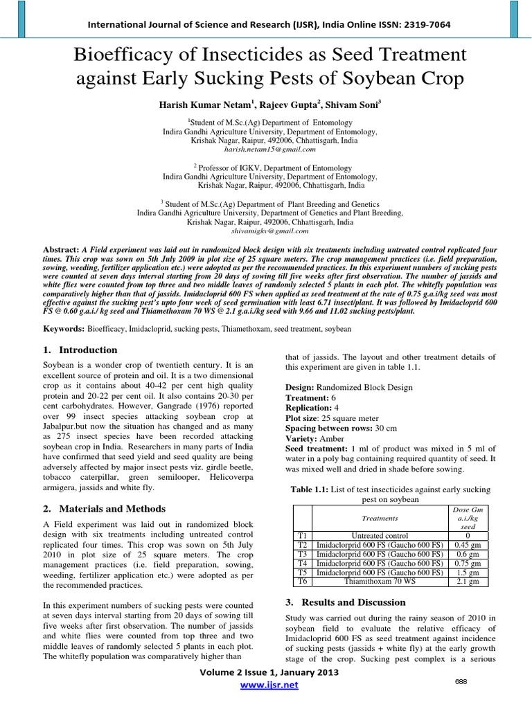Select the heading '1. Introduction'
tap(81, 350)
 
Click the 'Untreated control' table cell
tap(379, 535)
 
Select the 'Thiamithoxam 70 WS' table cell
tap(379, 581)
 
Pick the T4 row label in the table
tap(301, 563)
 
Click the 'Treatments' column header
tap(379, 518)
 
